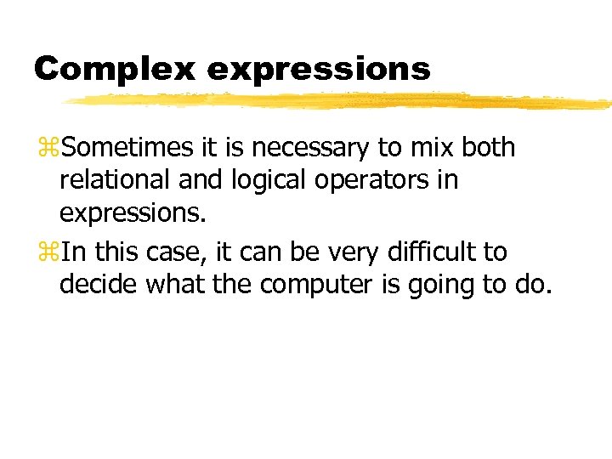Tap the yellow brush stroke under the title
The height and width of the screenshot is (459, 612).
tap(340, 101)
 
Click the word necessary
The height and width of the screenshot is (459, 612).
tap(309, 148)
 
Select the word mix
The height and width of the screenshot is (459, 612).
tap(432, 147)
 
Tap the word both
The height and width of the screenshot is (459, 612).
tap(489, 147)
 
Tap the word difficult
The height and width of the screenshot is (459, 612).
tap(436, 252)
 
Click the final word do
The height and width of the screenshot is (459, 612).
tap(533, 286)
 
